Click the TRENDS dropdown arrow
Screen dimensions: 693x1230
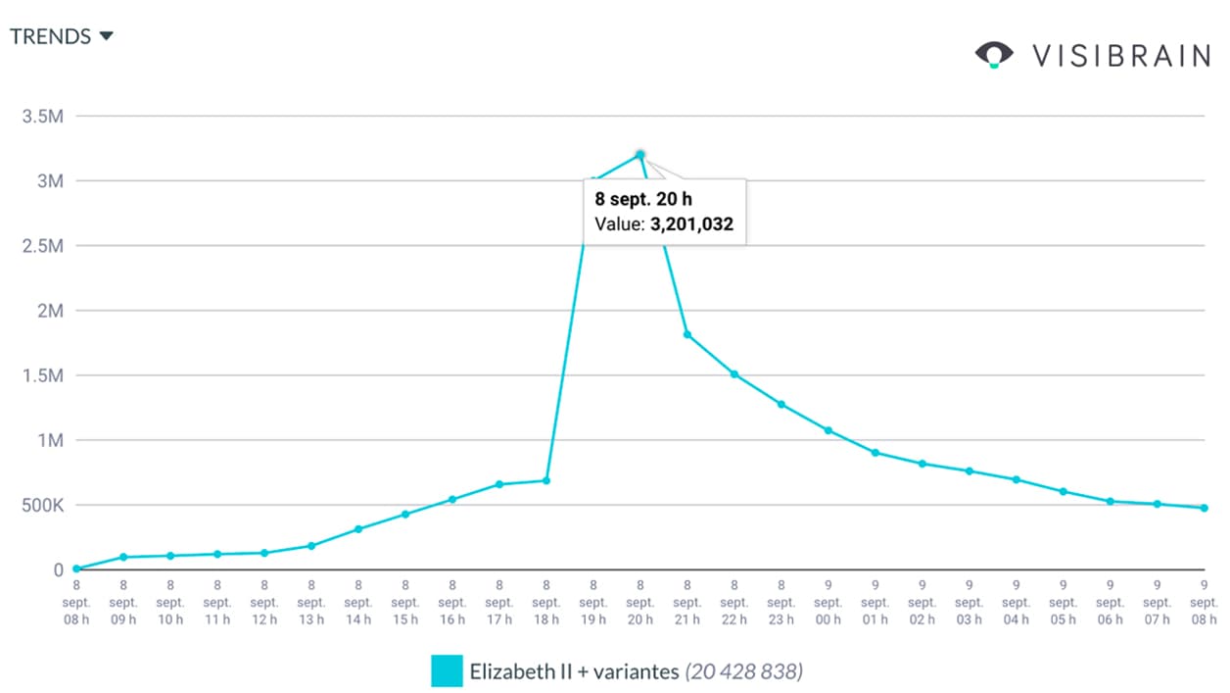click(x=106, y=36)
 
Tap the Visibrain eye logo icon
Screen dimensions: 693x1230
click(x=994, y=55)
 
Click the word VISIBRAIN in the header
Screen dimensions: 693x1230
click(x=1121, y=56)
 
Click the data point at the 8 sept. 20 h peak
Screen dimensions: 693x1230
click(x=639, y=155)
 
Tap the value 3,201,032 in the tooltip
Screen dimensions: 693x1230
click(x=691, y=224)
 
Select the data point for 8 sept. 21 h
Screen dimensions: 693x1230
click(x=687, y=335)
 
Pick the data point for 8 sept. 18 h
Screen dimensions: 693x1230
click(x=546, y=480)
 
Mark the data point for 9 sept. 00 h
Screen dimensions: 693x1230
click(x=828, y=430)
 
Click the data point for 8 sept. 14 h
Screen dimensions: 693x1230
click(x=358, y=529)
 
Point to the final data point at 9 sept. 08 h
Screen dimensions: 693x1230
click(x=1205, y=508)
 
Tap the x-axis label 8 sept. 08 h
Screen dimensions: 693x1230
click(x=76, y=602)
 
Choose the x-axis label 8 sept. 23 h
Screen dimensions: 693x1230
click(x=781, y=602)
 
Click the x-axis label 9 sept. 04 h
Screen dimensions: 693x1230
click(x=1017, y=602)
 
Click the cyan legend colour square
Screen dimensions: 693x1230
click(x=447, y=671)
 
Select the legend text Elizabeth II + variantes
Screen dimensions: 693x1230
click(x=573, y=672)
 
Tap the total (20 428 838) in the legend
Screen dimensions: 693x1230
click(x=745, y=672)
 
